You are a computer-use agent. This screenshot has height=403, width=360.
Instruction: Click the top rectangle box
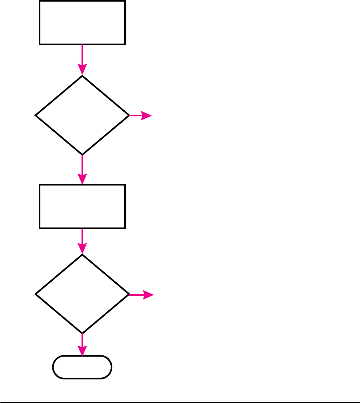[x=82, y=22]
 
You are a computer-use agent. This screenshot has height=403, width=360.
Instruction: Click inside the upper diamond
[x=82, y=116]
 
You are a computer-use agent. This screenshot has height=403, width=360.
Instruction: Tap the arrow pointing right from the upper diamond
[x=140, y=116]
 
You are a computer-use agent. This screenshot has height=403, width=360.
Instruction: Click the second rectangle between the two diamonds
[x=82, y=206]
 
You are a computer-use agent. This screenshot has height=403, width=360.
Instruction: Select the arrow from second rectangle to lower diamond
[x=82, y=241]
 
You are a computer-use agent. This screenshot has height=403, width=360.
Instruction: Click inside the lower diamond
[x=82, y=294]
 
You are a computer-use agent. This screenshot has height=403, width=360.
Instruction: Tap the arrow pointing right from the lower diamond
[x=141, y=295]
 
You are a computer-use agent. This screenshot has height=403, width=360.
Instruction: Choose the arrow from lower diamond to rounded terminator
[x=82, y=344]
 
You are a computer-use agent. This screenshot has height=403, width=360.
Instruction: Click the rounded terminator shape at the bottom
[x=82, y=367]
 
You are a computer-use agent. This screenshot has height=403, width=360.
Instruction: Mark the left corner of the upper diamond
[x=36, y=116]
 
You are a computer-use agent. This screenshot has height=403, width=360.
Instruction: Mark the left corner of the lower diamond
[x=36, y=294]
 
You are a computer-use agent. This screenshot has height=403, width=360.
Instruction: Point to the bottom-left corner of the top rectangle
[x=40, y=44]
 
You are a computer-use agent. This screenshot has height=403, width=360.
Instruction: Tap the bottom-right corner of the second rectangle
[x=125, y=228]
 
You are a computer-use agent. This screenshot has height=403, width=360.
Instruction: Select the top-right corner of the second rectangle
[x=125, y=185]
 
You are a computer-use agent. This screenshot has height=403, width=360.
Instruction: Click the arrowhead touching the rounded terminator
[x=82, y=351]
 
